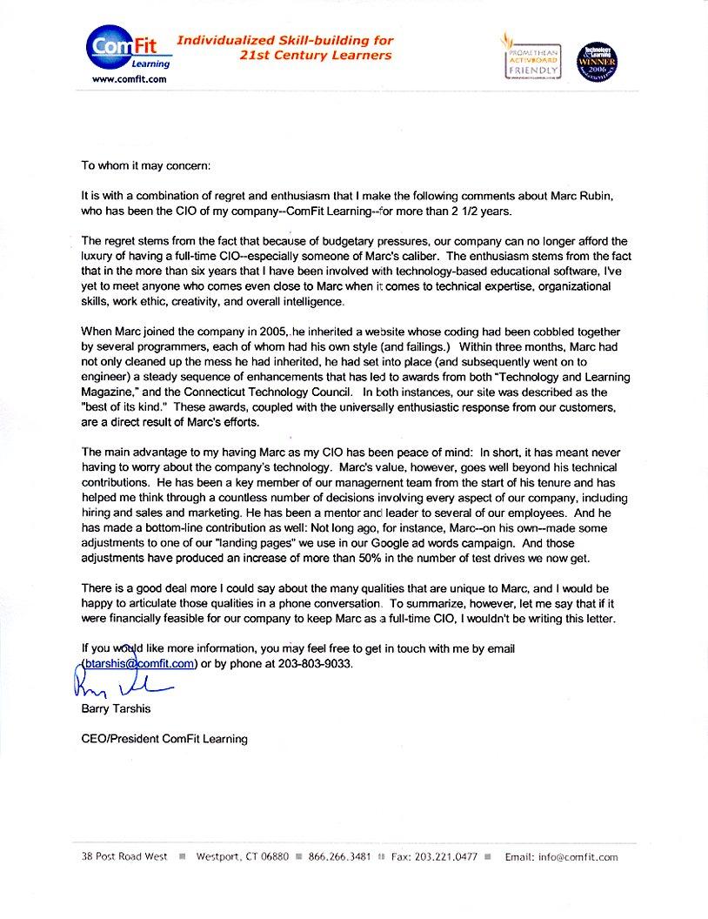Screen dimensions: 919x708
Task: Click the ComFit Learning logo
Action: pyautogui.click(x=129, y=49)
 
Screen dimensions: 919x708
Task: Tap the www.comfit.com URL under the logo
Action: pyautogui.click(x=129, y=79)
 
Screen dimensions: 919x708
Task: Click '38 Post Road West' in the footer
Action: pyautogui.click(x=121, y=856)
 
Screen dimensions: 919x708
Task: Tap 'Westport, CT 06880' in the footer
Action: pyautogui.click(x=243, y=856)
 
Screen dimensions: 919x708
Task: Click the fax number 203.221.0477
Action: pyautogui.click(x=434, y=856)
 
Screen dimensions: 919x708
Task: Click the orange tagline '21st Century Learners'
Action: pyautogui.click(x=315, y=56)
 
